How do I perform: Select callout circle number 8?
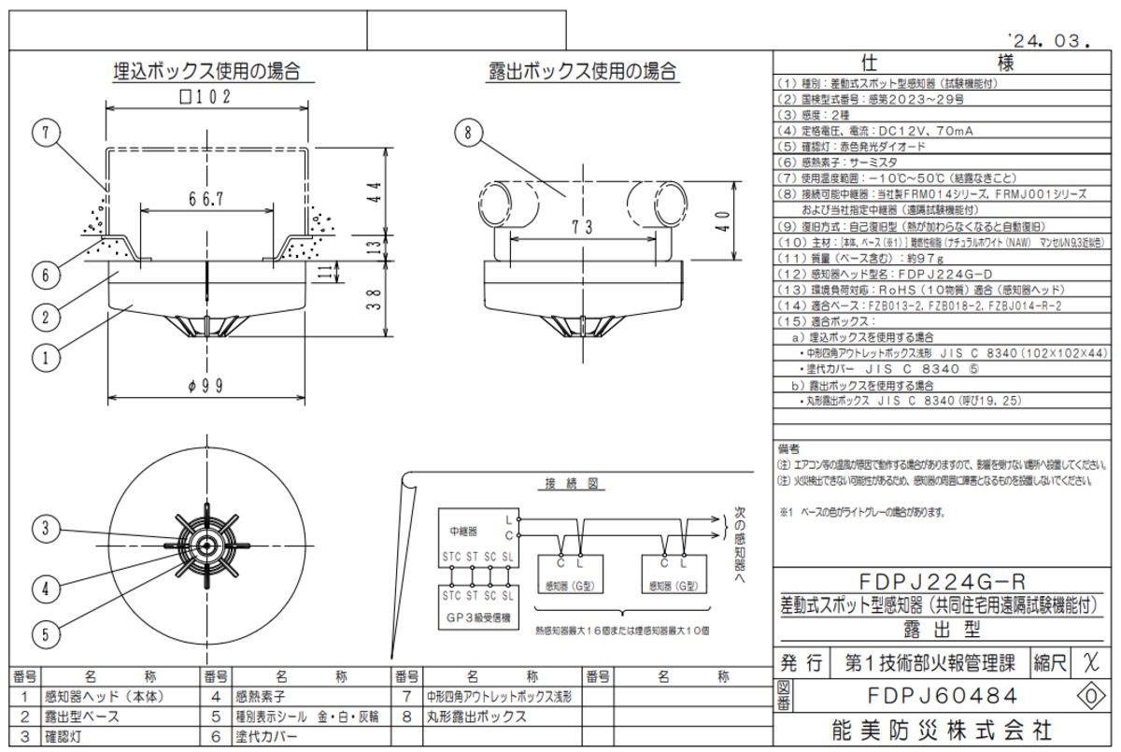pos(467,133)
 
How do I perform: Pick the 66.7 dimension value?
pos(206,199)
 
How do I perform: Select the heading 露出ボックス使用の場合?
pos(583,71)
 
